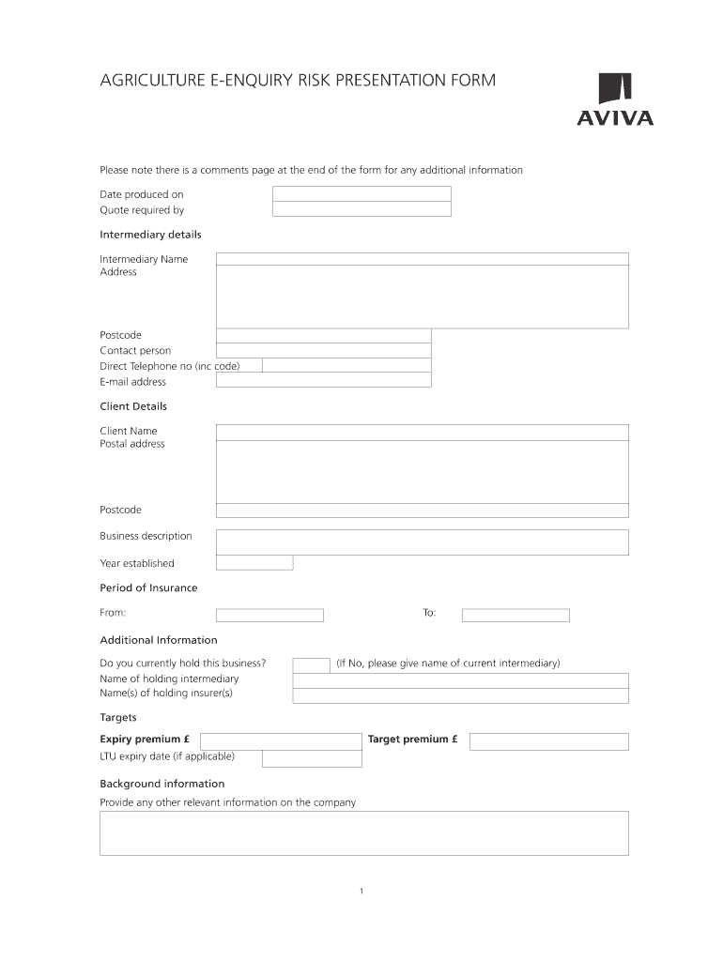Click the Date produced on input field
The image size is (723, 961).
[361, 194]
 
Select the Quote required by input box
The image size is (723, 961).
[361, 209]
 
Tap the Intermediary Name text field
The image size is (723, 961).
[422, 259]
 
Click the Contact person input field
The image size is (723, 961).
[323, 350]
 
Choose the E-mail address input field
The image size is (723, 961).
[323, 380]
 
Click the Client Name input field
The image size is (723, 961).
[422, 432]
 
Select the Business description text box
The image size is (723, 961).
[422, 542]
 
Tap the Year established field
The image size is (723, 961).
[254, 563]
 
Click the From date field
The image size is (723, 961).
[269, 616]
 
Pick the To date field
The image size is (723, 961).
[515, 616]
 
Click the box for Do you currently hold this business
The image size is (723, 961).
[311, 664]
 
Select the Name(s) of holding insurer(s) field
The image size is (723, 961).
[460, 695]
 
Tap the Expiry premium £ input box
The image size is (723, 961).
[281, 741]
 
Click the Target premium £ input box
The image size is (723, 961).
[548, 741]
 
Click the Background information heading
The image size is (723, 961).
[162, 784]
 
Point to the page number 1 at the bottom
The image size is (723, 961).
[361, 892]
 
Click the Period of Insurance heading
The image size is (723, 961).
[148, 588]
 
